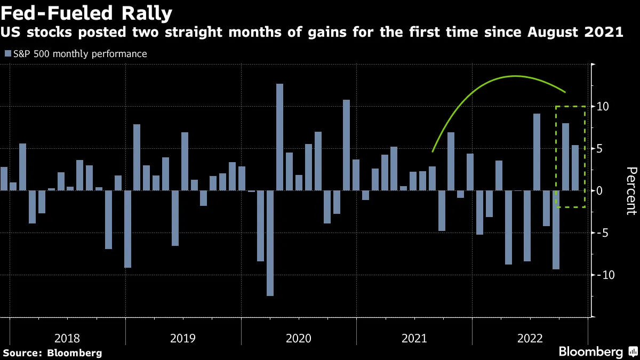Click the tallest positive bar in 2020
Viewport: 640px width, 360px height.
[279, 137]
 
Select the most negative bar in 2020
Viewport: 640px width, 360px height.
[270, 243]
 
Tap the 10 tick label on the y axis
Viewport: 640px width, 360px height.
[603, 107]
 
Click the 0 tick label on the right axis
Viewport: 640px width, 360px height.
[599, 190]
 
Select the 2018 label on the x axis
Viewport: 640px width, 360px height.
[67, 338]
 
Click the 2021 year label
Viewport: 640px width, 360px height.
[414, 338]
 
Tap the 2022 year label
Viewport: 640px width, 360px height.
[530, 338]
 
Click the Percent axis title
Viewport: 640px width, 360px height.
[630, 190]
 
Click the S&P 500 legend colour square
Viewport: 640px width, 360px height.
[7, 54]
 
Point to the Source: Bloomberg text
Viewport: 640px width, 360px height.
[52, 353]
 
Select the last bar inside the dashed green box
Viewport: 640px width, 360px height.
[575, 167]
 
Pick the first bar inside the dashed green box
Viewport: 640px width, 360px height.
[565, 157]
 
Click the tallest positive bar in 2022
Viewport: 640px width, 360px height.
[537, 152]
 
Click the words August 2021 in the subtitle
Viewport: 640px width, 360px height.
[575, 33]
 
